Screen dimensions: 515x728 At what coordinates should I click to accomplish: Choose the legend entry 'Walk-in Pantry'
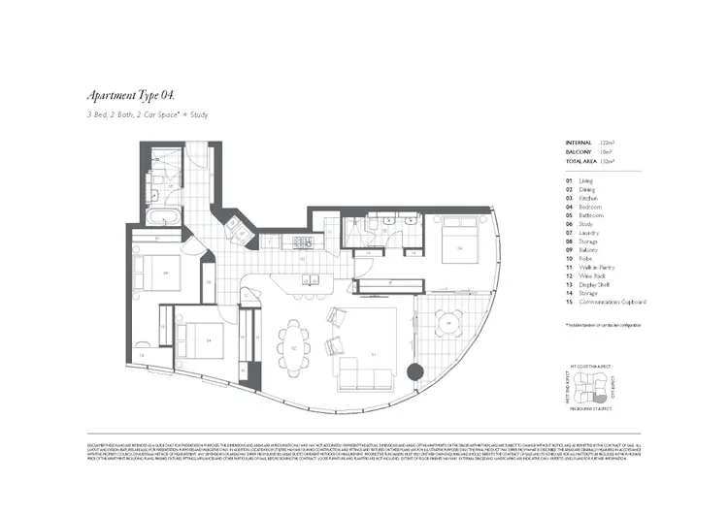(x=593, y=267)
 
